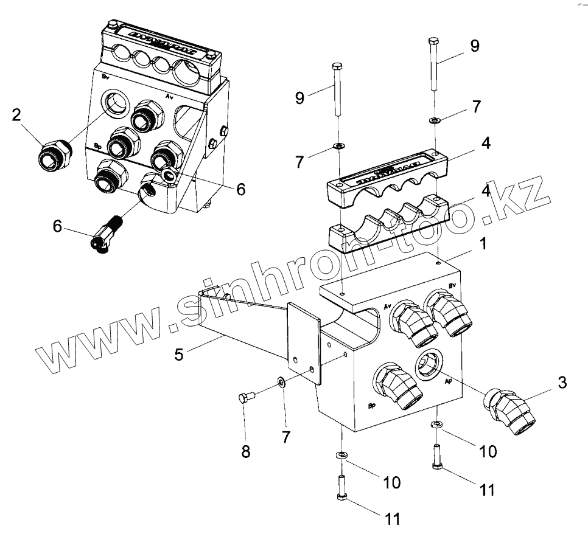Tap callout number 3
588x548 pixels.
click(561, 383)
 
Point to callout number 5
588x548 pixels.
click(179, 353)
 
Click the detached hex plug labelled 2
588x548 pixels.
click(54, 155)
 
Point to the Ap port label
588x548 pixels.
click(448, 381)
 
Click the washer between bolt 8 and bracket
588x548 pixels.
click(282, 383)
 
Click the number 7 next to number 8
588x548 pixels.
click(285, 436)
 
